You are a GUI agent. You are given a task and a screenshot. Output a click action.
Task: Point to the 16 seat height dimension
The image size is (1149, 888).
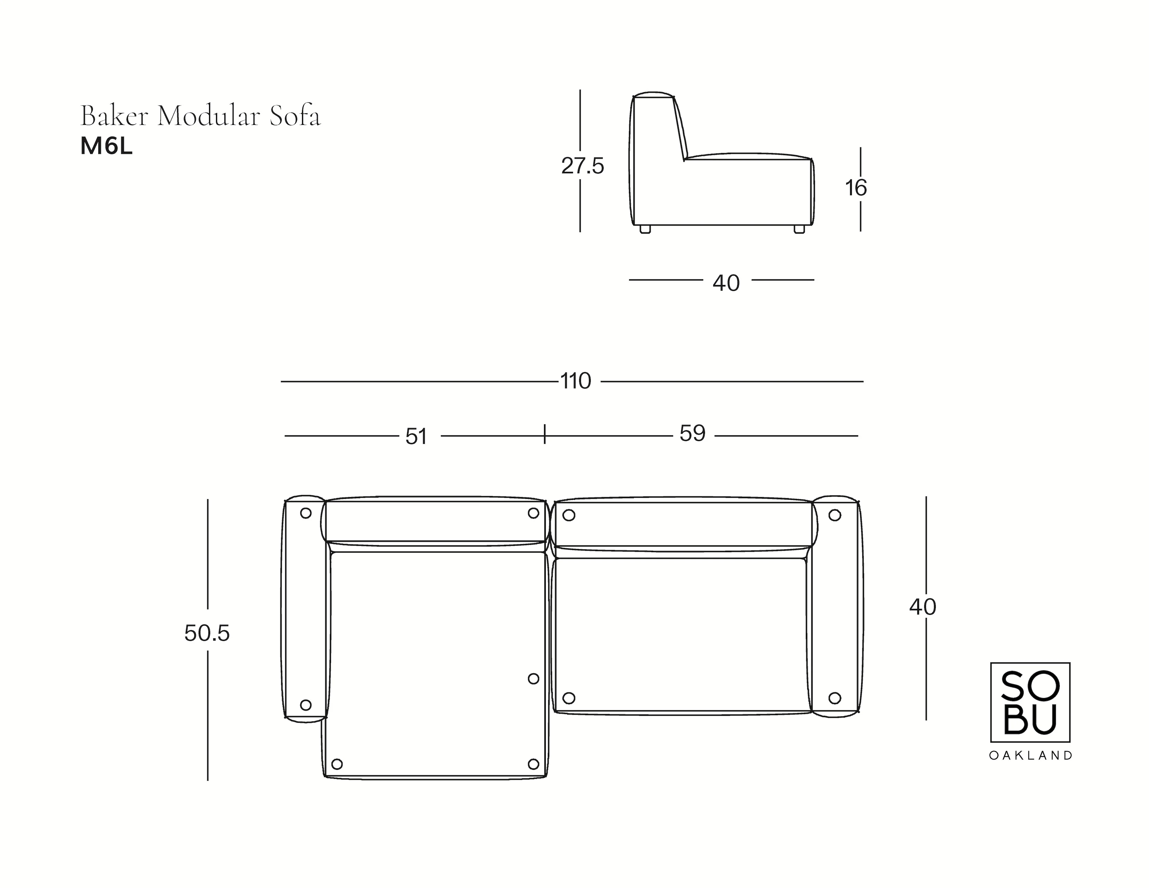856,188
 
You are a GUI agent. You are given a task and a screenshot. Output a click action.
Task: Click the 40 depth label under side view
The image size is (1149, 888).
726,283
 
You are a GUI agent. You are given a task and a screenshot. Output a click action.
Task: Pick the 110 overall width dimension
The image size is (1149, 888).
576,381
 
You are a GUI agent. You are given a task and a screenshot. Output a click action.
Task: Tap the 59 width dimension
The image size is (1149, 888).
692,434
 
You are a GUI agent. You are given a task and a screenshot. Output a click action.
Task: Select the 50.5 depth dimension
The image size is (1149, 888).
207,634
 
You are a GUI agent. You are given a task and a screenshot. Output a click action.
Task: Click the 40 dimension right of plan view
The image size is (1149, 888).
923,607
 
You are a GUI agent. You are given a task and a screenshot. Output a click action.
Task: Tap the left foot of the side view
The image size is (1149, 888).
645,229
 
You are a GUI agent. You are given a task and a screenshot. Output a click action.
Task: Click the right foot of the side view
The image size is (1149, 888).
799,229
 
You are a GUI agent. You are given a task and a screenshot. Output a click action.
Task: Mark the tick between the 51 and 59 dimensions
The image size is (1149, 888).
545,434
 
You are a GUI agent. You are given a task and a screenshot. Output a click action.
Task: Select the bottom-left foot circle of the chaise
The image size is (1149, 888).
337,764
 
